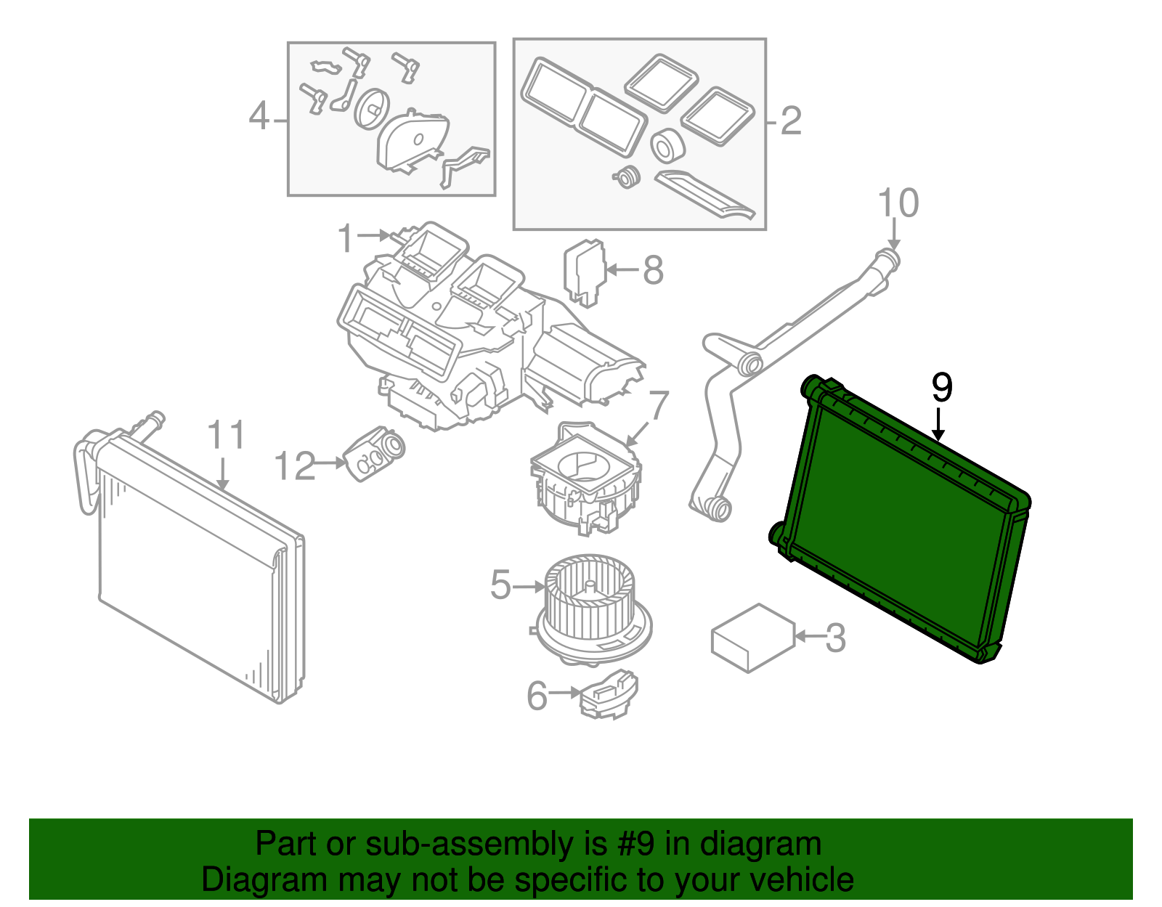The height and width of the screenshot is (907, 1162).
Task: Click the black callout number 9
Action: pyautogui.click(x=941, y=388)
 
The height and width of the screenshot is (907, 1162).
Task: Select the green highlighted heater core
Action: pyautogui.click(x=901, y=523)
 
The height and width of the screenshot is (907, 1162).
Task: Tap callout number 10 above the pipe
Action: pyautogui.click(x=898, y=203)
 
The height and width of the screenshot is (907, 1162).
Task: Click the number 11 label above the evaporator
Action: pyautogui.click(x=227, y=436)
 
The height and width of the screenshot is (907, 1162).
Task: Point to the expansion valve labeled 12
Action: pyautogui.click(x=375, y=453)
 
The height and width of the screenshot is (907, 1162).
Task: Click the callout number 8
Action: pyautogui.click(x=653, y=270)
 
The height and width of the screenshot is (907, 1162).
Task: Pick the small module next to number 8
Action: pyautogui.click(x=585, y=271)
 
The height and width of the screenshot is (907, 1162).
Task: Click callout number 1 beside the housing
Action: pyautogui.click(x=346, y=238)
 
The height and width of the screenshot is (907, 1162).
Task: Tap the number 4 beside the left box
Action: pyautogui.click(x=259, y=116)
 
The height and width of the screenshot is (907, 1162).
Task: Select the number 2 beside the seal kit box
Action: pyautogui.click(x=791, y=121)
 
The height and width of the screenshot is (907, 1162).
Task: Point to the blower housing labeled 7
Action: pyautogui.click(x=585, y=479)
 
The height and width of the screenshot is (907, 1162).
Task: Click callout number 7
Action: pyautogui.click(x=657, y=407)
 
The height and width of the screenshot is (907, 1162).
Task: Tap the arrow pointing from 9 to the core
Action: pyautogui.click(x=939, y=426)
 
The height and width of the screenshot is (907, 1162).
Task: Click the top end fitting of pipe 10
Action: pyautogui.click(x=887, y=259)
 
